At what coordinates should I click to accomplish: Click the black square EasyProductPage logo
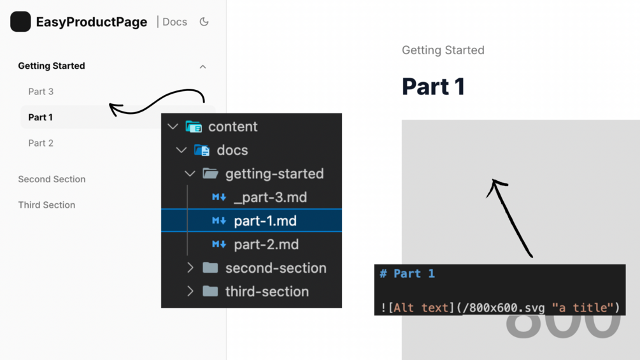20,22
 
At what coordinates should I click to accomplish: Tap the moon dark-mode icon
204,22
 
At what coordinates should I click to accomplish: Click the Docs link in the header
174,22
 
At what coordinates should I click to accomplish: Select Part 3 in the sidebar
41,91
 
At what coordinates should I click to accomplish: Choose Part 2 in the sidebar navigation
41,143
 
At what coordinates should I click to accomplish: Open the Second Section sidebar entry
52,179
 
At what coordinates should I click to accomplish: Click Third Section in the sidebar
46,205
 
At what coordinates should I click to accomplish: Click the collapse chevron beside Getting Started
203,66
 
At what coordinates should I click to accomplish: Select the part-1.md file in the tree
266,221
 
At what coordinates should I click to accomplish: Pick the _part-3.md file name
270,198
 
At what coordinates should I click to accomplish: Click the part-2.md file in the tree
266,245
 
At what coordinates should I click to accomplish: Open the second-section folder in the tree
276,268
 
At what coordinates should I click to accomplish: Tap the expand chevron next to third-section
190,291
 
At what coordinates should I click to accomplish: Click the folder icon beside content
194,127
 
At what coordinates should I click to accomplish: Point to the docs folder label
232,150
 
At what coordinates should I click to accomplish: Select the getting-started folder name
274,174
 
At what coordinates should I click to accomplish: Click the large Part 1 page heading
434,87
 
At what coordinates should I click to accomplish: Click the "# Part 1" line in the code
408,273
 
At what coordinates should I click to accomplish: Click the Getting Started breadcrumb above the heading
443,50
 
